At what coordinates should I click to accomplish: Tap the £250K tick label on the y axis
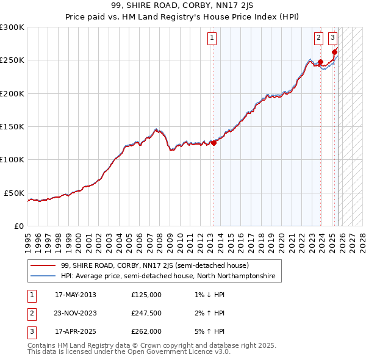[12, 60]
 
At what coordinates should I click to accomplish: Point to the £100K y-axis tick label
[12, 159]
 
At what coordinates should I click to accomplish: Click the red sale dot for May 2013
[213, 143]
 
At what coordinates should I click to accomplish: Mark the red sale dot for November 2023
[320, 62]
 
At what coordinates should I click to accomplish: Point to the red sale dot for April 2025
[334, 52]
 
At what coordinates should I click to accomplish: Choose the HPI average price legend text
[168, 276]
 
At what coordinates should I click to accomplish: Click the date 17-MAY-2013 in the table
[76, 295]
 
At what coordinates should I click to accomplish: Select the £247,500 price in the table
[146, 313]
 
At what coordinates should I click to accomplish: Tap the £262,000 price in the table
[146, 331]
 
